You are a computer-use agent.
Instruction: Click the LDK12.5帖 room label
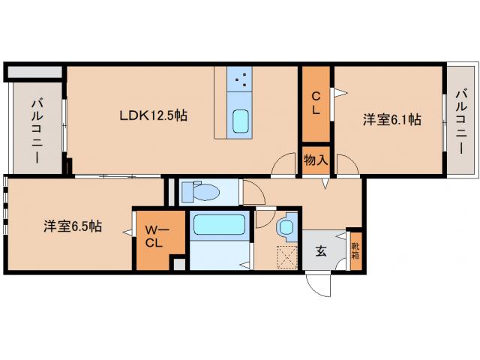tap(154, 116)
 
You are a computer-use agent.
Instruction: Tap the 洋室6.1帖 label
tap(391, 119)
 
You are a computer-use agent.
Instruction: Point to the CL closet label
tap(316, 103)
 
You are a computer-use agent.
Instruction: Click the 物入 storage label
tap(316, 160)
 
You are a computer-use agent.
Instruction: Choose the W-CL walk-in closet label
tap(154, 235)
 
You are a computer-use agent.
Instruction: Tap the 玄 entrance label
tap(321, 251)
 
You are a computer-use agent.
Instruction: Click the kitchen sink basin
tap(241, 120)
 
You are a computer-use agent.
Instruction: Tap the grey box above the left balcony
tap(34, 73)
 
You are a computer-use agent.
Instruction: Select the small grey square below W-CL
tap(178, 264)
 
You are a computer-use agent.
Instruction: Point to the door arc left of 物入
tap(284, 165)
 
